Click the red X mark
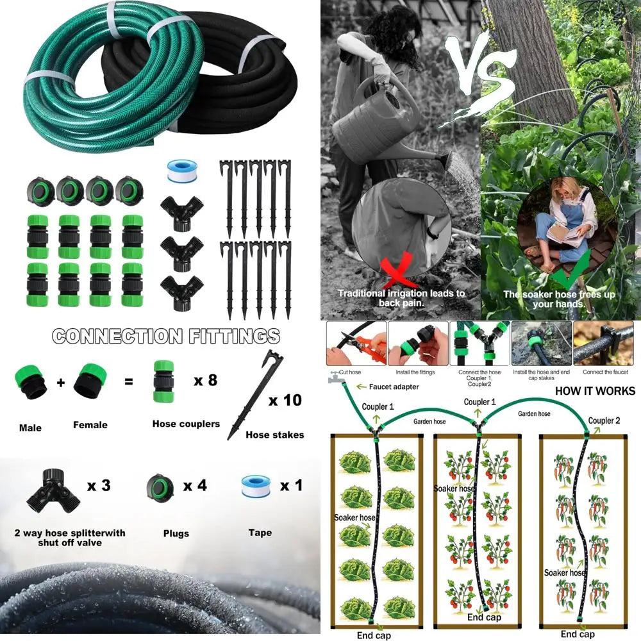(x=398, y=273)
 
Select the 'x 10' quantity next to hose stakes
(x=284, y=401)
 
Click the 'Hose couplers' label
(x=186, y=424)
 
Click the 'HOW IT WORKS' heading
(x=595, y=391)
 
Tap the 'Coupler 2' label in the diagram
(x=604, y=420)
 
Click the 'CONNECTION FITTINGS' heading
(x=166, y=336)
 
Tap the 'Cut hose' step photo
(x=356, y=344)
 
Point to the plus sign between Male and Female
(x=60, y=383)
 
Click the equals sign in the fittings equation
(x=129, y=381)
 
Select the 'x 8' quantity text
(x=205, y=380)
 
